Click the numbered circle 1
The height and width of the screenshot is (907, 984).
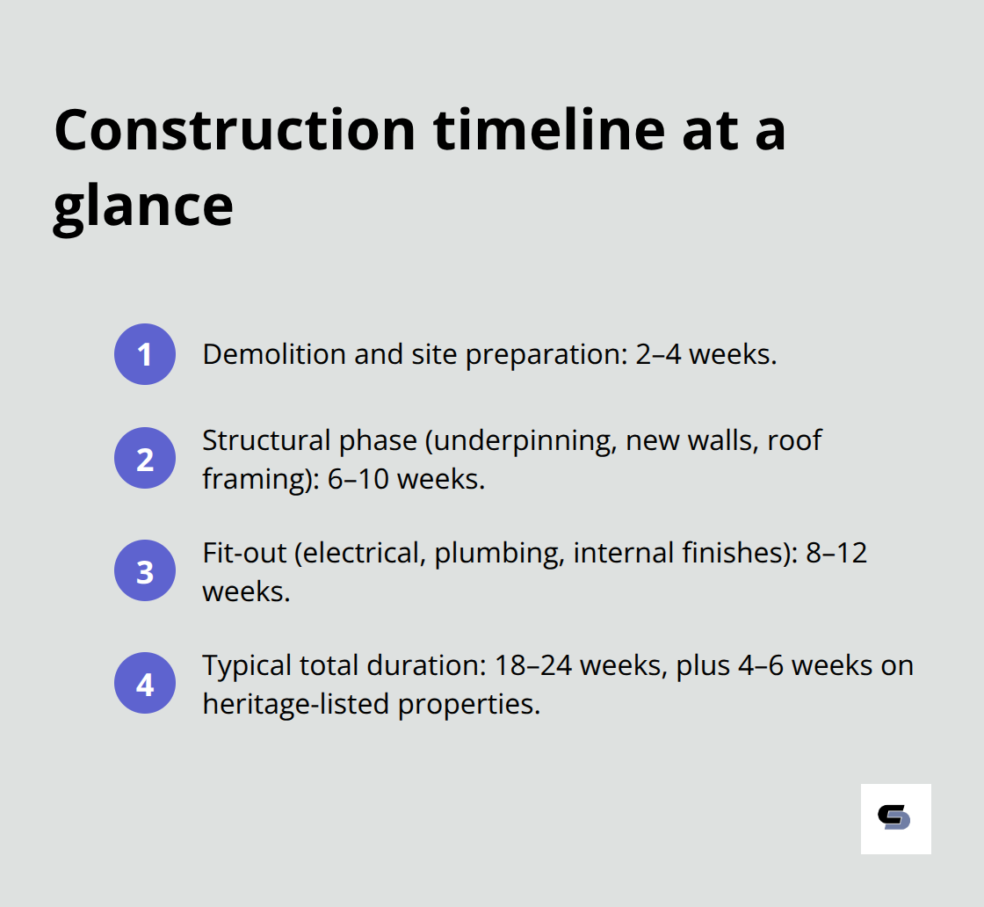pos(145,354)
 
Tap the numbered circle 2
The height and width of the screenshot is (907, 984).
pos(145,459)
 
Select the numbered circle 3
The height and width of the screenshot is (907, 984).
pos(145,571)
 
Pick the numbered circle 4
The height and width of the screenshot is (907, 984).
pos(145,684)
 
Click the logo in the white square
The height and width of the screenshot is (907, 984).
pos(894,818)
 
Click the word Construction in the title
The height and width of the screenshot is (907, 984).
pos(235,129)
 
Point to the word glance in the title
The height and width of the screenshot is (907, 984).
pos(143,206)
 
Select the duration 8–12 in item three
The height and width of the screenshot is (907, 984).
pos(836,553)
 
